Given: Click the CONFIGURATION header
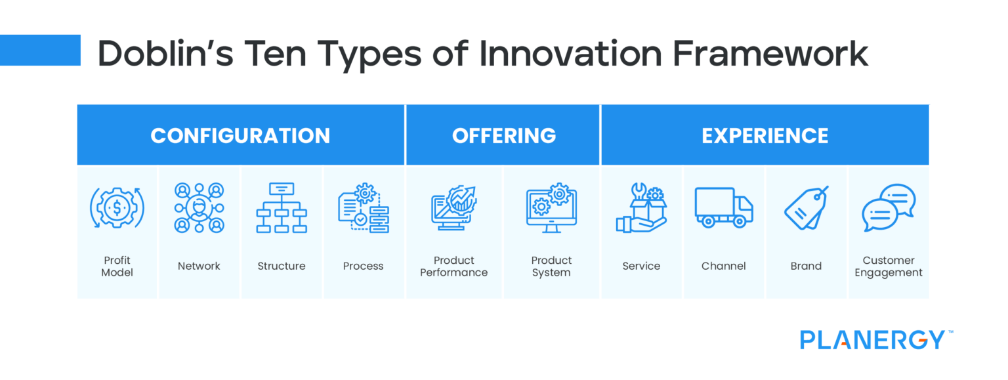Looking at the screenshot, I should click(240, 135).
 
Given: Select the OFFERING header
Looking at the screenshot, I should click(503, 135).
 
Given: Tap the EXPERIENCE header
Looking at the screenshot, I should click(765, 135).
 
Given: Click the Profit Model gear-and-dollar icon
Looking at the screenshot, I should click(117, 208).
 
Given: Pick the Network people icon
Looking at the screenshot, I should click(199, 208).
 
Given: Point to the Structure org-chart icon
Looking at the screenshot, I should click(281, 208).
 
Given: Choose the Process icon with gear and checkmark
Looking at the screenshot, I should click(364, 208).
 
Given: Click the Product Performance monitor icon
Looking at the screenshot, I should click(453, 208).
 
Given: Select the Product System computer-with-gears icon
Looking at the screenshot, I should click(551, 207).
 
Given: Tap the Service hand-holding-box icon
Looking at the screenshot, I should click(641, 208).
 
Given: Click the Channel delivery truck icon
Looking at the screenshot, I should click(724, 208).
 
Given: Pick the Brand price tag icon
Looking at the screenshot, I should click(807, 208).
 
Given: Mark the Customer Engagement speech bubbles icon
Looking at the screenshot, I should click(888, 208).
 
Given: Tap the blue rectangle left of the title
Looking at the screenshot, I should click(40, 51).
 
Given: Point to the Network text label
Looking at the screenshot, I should click(199, 266).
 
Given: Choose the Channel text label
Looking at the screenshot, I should click(723, 266).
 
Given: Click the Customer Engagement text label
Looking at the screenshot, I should click(889, 266).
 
